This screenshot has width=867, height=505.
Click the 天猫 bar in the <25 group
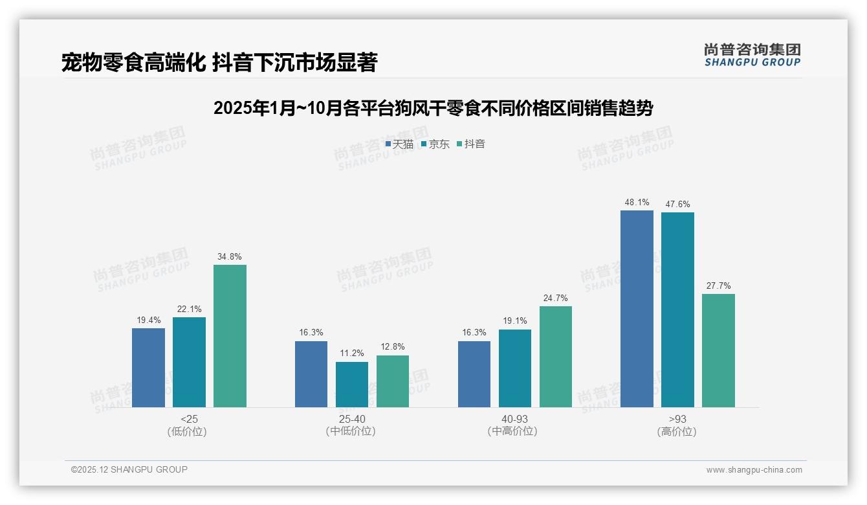coord(148,367)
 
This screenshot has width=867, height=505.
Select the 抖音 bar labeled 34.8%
coord(230,335)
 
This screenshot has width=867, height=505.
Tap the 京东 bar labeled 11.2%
coord(352,384)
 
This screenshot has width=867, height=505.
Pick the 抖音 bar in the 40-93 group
coord(555,356)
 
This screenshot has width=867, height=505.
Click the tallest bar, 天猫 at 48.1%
coord(637,308)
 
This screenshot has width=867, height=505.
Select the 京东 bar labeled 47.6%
coord(677,309)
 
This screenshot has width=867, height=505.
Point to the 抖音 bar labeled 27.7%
coord(718,350)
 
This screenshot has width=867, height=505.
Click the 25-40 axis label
coord(351,419)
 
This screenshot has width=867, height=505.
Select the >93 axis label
coord(677,419)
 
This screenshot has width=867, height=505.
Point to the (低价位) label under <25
coord(187,431)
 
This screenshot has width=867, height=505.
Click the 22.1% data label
coord(188,309)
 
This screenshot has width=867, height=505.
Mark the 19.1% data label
coord(514,320)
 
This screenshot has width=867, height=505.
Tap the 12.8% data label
coord(392,346)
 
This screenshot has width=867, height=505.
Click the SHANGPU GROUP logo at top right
coord(752,55)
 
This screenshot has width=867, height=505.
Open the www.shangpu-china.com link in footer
coord(754,470)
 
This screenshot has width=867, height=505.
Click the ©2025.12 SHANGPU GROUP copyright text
coord(129,469)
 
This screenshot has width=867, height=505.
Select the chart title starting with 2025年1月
coord(433,108)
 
